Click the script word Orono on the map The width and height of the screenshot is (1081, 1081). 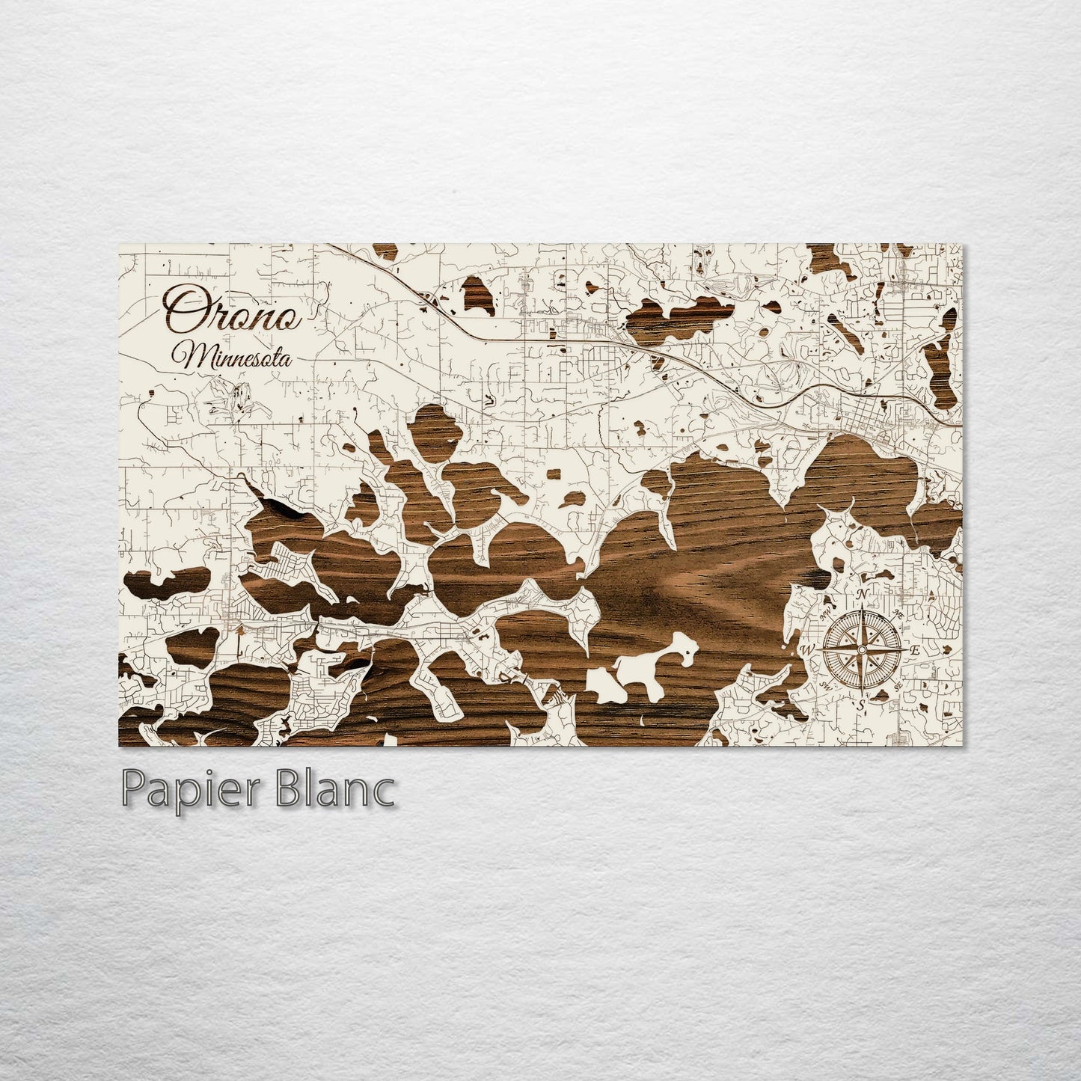(233, 310)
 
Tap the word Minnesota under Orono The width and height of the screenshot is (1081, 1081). (231, 357)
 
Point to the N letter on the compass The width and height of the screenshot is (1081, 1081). (863, 595)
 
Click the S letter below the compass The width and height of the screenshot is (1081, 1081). (862, 704)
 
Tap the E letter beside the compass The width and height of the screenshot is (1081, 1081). (914, 650)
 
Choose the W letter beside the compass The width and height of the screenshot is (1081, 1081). (808, 649)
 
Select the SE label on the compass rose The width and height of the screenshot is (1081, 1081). (896, 685)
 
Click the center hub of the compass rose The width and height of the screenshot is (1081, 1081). (862, 649)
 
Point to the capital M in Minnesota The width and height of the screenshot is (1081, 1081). (184, 356)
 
